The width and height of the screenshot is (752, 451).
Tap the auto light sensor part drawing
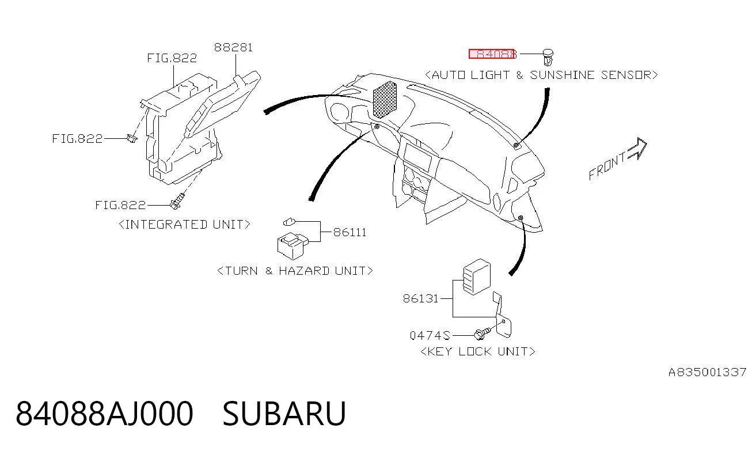click(x=548, y=58)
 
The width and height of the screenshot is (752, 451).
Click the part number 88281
click(x=233, y=47)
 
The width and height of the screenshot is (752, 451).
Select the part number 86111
click(x=350, y=232)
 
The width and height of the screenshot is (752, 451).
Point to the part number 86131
click(x=421, y=298)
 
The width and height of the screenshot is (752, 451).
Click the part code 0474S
click(x=430, y=335)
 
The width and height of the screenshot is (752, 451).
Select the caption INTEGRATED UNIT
click(x=185, y=224)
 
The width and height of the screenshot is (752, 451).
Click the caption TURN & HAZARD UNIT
click(x=295, y=271)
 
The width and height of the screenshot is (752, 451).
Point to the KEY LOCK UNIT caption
click(x=478, y=351)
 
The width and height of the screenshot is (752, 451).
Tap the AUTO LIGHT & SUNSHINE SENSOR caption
click(x=541, y=75)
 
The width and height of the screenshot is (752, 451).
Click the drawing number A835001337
click(x=707, y=372)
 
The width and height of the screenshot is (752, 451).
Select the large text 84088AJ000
click(x=104, y=414)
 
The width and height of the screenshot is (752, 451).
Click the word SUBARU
click(x=284, y=414)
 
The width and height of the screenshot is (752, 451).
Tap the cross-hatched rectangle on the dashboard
click(x=385, y=100)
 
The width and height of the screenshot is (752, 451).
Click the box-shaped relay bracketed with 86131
click(x=477, y=276)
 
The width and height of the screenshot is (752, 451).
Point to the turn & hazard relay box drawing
click(x=293, y=246)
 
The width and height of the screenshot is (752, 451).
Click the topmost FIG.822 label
click(x=172, y=58)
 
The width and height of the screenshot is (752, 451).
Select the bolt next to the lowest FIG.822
click(x=177, y=201)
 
